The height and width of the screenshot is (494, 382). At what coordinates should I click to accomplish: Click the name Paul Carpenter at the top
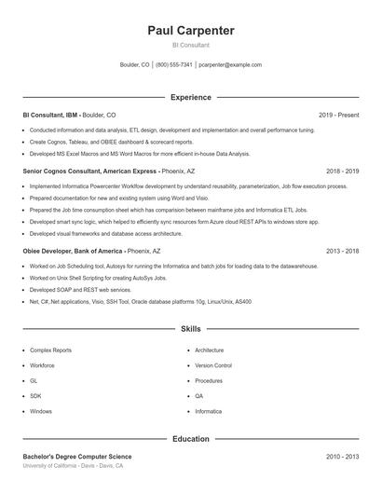(191, 30)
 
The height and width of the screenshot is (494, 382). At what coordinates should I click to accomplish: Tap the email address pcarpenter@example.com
(230, 65)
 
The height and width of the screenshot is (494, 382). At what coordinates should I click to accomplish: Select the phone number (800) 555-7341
(174, 65)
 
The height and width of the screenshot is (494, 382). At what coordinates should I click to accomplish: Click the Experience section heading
(191, 97)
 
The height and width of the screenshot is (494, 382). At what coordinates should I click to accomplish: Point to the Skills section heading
(191, 329)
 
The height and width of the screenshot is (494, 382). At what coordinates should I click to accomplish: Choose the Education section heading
(191, 438)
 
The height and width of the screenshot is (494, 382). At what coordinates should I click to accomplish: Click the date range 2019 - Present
(338, 115)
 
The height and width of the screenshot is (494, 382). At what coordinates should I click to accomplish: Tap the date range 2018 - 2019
(343, 172)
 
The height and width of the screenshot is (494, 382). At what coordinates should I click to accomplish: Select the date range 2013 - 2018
(343, 251)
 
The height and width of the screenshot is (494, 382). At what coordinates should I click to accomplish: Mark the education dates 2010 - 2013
(343, 457)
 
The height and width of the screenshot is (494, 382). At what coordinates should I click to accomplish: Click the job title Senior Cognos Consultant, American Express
(90, 172)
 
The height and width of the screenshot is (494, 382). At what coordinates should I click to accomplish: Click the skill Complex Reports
(50, 350)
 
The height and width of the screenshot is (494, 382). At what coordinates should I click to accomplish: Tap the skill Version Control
(213, 365)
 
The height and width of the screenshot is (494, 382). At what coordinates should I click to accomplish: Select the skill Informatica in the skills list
(209, 411)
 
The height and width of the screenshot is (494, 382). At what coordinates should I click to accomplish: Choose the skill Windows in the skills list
(41, 411)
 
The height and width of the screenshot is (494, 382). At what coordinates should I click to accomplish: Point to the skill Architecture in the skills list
(210, 350)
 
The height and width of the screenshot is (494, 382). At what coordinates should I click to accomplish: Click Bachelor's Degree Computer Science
(77, 457)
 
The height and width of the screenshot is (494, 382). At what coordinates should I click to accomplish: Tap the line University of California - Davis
(73, 466)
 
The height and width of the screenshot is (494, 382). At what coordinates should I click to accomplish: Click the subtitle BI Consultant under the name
(191, 45)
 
